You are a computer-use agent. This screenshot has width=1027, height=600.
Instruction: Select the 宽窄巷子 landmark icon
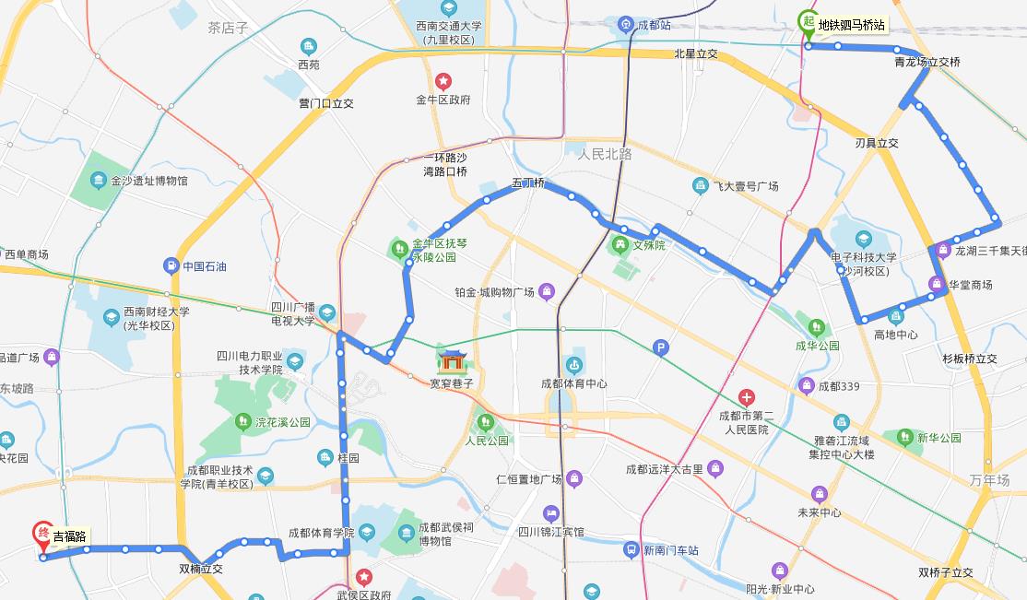pos(451,360)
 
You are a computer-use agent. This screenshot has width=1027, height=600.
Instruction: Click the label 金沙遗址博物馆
pos(148,181)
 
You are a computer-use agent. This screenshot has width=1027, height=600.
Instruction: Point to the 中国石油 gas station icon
pos(171,266)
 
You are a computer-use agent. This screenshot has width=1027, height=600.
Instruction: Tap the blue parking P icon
pos(659,347)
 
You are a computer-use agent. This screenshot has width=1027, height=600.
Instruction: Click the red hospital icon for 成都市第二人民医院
pos(746,397)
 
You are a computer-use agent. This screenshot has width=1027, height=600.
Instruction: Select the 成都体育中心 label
pos(573,383)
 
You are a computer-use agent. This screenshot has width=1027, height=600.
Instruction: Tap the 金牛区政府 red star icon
pos(443,81)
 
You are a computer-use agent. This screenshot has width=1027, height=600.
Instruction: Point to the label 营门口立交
pos(326,103)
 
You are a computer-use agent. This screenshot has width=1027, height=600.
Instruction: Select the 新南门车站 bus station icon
pos(631,550)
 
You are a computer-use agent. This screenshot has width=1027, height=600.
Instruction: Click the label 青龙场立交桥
pos(927,63)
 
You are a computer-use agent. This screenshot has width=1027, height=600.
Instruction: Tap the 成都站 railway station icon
pos(625,24)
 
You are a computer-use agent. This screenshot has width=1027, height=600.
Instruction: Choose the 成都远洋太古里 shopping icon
pos(715,469)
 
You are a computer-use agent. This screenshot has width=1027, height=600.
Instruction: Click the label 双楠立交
pos(201,569)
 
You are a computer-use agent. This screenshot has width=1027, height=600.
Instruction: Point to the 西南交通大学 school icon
pos(448,8)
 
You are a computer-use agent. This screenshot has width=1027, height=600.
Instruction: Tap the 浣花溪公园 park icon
pos(242,422)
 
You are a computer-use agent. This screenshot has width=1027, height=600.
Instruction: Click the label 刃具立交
pos(876,143)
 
